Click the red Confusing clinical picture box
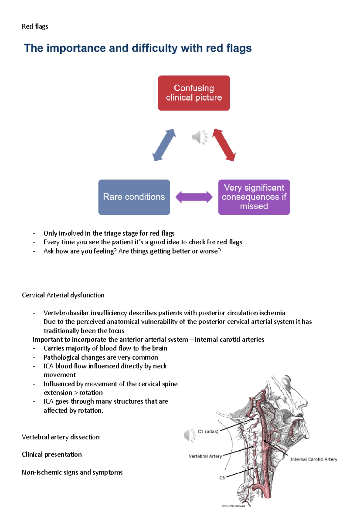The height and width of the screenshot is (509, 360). pos(194,93)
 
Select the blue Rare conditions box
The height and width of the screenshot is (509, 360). pos(134,197)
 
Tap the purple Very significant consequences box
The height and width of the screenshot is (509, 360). pos(254,197)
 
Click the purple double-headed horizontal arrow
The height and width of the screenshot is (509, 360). pos(194,197)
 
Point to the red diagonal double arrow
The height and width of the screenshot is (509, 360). pos(224,145)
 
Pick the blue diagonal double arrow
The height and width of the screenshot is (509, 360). pos(164,145)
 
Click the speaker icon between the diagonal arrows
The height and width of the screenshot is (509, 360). pos(199,137)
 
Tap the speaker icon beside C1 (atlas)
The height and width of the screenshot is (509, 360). pos(190,435)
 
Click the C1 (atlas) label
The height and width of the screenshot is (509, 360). pos(208,431)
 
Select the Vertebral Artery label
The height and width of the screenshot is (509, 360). pos(205,456)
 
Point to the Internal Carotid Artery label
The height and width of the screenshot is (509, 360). pos(313,459)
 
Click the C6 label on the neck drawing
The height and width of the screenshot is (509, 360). pos(222,478)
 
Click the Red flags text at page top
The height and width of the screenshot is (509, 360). pos(35,26)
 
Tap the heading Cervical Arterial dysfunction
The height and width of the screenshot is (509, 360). pos(63,295)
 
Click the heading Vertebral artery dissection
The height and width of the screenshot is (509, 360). pos(61,437)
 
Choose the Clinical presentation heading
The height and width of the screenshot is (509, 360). pos(52,454)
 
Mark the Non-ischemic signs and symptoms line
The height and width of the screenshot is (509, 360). pos(72,472)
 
